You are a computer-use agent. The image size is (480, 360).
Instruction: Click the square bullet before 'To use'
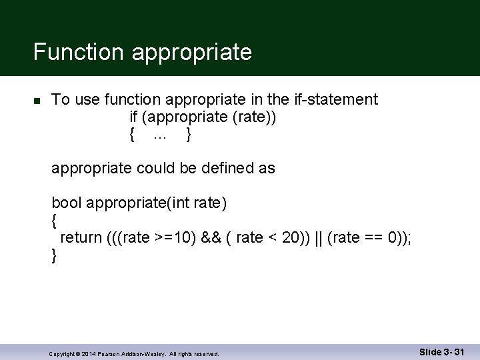point(37,101)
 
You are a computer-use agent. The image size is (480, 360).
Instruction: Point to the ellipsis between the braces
point(160,135)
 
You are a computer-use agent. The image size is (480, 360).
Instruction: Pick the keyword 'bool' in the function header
point(66,203)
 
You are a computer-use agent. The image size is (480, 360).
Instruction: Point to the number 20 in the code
point(291,237)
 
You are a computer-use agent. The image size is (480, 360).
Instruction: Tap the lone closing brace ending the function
point(54,255)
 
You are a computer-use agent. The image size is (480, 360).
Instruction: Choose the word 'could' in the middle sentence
point(155,169)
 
